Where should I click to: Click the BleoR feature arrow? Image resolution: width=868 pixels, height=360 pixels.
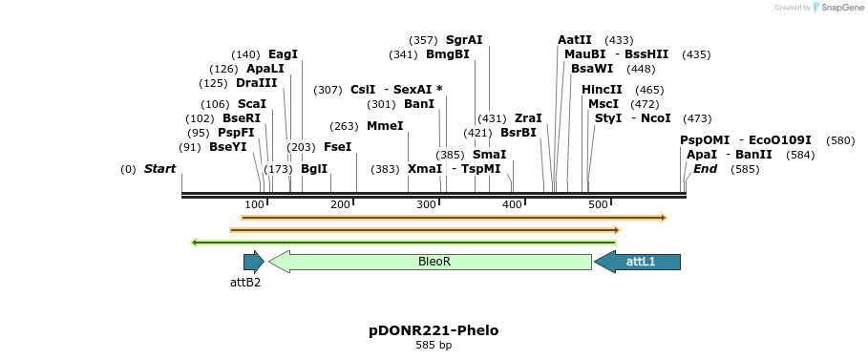(x=431, y=262)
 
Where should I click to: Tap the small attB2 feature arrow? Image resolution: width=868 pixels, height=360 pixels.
(x=253, y=262)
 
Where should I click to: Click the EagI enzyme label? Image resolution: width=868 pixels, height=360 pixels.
(x=283, y=54)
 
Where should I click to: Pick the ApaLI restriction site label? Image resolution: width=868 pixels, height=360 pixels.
(x=265, y=69)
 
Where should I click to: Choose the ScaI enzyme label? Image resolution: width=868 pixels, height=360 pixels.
(x=252, y=104)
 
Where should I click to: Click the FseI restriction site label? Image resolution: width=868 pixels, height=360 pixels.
(x=337, y=147)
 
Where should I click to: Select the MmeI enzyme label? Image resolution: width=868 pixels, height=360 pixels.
(x=385, y=126)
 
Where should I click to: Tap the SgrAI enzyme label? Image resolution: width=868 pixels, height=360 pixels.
(x=464, y=40)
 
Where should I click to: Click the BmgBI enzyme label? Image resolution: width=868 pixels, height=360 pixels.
(x=448, y=54)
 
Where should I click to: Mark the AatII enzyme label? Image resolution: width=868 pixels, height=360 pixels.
(x=575, y=40)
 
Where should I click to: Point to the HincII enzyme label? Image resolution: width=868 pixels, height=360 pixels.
(x=602, y=90)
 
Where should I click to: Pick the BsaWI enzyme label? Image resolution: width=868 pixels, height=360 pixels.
(x=592, y=69)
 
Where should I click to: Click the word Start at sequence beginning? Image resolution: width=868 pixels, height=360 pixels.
(x=160, y=169)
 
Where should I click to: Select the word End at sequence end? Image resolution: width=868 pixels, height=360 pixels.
(x=706, y=169)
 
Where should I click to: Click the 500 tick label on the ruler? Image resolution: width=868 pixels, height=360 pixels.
(x=599, y=205)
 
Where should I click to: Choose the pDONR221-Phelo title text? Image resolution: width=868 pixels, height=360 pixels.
(x=434, y=330)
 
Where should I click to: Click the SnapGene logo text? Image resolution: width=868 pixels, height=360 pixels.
(x=840, y=8)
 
